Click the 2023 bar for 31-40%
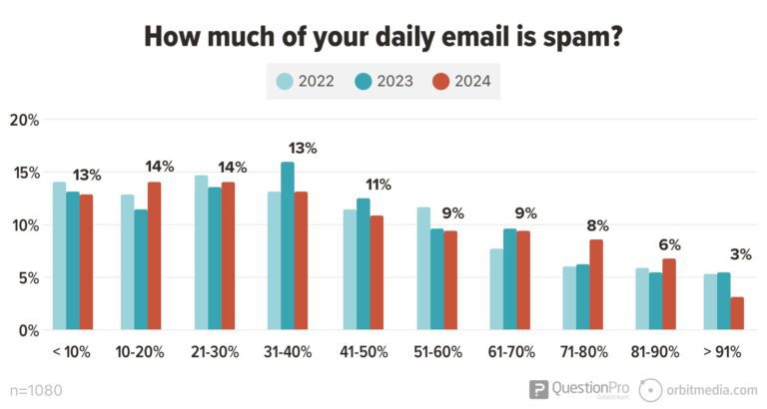[288, 246]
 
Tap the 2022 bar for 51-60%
[423, 268]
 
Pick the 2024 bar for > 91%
[737, 313]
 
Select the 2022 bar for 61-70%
[496, 289]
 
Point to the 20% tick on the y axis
[24, 121]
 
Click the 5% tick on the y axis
[28, 277]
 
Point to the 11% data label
[378, 185]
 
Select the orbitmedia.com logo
[699, 390]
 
